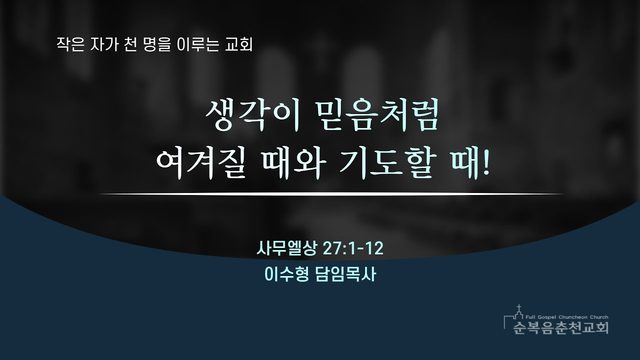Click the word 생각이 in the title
(253, 116)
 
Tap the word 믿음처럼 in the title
(378, 116)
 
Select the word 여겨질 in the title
(201, 163)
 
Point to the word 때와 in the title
(293, 163)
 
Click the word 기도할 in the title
(386, 163)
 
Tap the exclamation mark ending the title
(485, 162)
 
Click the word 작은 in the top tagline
(71, 44)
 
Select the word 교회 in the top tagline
(239, 44)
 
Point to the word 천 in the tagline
(129, 44)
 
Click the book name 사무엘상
(286, 248)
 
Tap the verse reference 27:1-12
(353, 248)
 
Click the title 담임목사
(346, 274)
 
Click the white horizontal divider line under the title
(331, 194)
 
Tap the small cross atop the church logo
(519, 307)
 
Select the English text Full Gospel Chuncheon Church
(567, 317)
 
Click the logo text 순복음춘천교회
(561, 327)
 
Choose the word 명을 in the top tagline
(156, 44)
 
